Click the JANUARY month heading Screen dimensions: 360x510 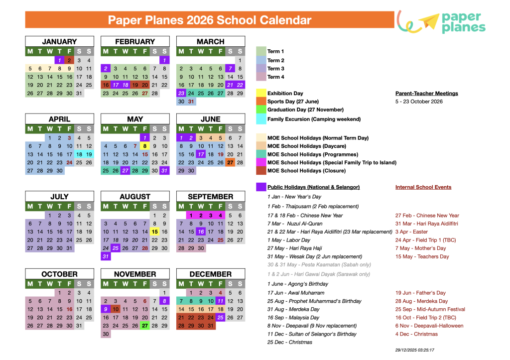tap(59, 42)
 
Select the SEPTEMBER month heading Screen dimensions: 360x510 tap(210, 197)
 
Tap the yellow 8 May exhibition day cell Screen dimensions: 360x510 tap(145, 146)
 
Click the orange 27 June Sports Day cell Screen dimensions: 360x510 tap(230, 162)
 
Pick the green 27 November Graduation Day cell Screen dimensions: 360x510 tap(145, 326)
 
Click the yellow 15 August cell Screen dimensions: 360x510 tap(154, 232)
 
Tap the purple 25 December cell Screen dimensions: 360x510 tap(220, 317)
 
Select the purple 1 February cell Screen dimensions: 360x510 tap(164, 60)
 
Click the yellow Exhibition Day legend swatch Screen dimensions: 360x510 tap(261, 93)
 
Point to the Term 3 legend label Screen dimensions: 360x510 tap(276, 69)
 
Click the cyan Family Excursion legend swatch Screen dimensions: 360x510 tap(261, 119)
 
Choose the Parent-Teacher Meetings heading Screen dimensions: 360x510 tap(426, 93)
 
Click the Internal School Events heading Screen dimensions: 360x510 tap(423, 187)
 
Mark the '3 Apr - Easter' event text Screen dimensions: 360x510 tap(411, 232)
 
